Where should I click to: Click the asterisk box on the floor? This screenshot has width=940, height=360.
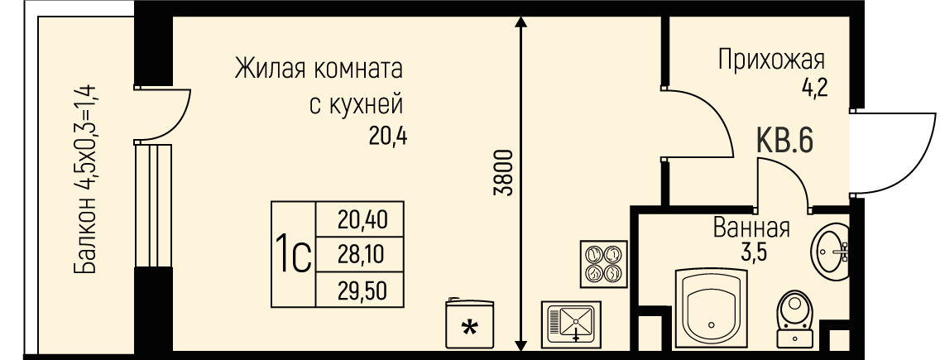(x=468, y=324)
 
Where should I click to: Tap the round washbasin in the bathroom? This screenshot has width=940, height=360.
(x=831, y=246)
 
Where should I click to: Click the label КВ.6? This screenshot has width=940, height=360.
(x=784, y=141)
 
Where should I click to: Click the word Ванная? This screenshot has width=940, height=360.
(x=751, y=228)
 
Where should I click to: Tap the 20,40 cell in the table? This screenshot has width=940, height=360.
(x=362, y=219)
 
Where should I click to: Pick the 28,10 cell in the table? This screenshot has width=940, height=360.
(x=362, y=255)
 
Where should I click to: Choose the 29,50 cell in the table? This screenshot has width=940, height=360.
(x=362, y=290)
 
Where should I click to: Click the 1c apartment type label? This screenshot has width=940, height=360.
(x=294, y=255)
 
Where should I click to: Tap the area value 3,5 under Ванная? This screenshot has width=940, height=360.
(x=753, y=252)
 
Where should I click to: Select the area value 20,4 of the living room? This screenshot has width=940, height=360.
(x=388, y=134)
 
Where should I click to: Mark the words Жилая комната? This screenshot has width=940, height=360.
(x=319, y=68)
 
